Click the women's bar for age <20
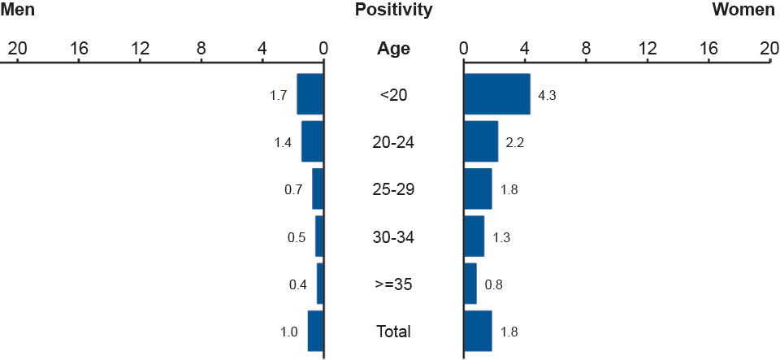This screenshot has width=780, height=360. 496,94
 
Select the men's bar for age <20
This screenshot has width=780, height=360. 310,94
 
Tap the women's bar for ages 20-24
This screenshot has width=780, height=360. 481,141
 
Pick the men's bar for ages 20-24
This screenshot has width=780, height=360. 313,141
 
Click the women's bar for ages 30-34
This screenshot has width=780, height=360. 474,236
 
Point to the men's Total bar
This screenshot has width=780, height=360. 316,331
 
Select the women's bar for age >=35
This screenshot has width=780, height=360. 470,284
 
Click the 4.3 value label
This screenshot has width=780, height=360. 547,95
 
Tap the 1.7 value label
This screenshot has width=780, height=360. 278,95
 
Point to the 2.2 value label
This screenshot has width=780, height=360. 515,142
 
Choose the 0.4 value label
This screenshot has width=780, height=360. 297,284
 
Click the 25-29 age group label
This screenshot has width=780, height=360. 393,189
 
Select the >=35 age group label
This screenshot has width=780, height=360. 393,284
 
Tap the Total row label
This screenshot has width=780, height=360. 393,332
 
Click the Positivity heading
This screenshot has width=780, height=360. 393,11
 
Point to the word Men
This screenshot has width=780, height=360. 18,11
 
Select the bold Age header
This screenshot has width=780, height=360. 393,49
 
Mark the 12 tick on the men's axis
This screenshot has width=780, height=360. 140,49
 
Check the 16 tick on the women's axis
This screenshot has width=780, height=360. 708,49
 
